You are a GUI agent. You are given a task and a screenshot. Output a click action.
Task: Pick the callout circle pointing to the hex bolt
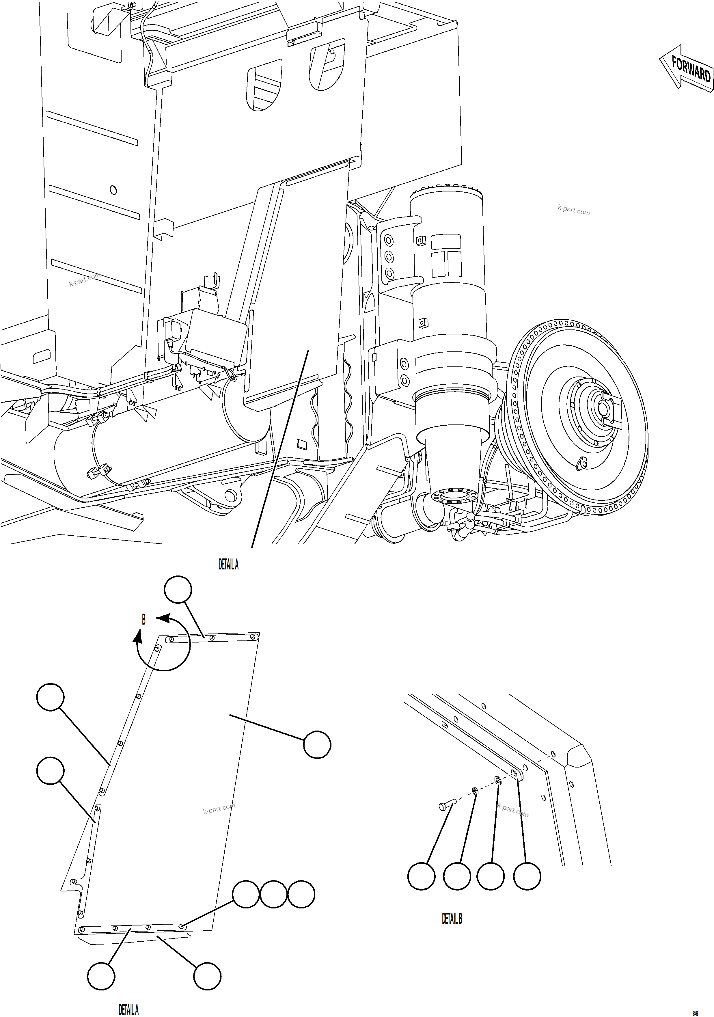pos(421,876)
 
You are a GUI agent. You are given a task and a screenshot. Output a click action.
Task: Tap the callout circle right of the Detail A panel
pos(317,745)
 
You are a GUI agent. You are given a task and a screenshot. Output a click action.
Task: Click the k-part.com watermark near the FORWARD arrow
pos(574,211)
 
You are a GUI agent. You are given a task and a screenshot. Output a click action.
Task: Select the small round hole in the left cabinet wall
pos(113,190)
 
